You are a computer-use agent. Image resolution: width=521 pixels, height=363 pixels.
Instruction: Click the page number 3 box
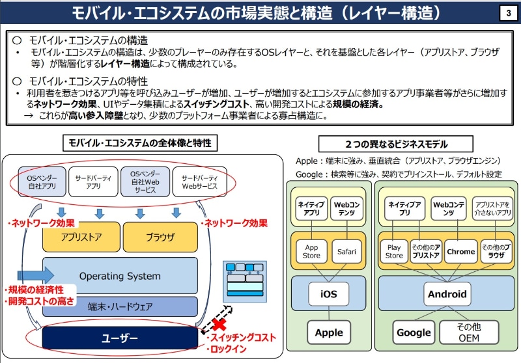(507, 14)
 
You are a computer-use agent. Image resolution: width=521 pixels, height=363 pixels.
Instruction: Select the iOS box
(328, 293)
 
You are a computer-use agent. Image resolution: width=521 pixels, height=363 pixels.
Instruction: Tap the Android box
(447, 293)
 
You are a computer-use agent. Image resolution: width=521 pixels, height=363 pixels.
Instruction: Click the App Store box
(311, 251)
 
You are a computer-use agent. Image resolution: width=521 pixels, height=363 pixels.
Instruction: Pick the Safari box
(345, 251)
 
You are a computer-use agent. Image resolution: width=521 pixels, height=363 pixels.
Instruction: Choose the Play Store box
(394, 251)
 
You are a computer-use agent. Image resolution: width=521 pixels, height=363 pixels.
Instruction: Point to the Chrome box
(460, 251)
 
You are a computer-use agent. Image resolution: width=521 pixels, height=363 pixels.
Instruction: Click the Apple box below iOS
(328, 332)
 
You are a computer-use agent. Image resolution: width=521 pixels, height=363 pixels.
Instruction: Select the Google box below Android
(414, 332)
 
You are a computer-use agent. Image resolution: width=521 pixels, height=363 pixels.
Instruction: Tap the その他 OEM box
(468, 332)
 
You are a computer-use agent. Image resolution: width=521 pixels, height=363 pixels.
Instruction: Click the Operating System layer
(120, 276)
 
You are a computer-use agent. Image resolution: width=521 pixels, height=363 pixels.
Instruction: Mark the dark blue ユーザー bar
(120, 338)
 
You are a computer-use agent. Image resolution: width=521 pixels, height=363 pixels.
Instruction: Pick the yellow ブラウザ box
(160, 237)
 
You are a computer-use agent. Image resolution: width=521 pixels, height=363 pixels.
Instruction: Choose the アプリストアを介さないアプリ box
(492, 208)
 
